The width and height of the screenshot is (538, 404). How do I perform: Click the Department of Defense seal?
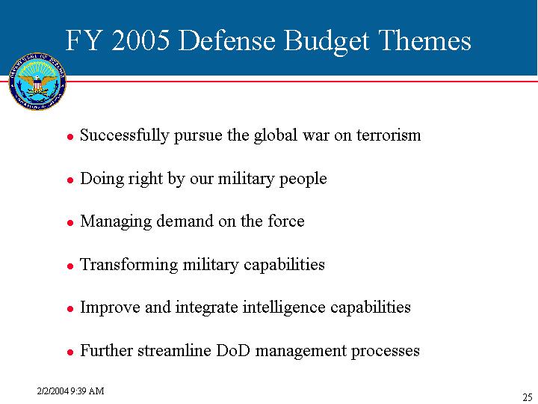tap(37, 82)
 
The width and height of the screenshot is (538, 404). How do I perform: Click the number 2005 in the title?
tap(140, 40)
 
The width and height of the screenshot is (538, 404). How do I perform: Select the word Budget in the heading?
tap(327, 42)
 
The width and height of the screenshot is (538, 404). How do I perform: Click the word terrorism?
tap(389, 135)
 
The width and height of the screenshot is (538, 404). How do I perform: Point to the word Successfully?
tap(124, 135)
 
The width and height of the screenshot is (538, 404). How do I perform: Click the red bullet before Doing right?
tap(70, 180)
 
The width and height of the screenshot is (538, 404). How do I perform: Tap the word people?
tap(303, 180)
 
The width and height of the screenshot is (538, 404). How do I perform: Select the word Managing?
tap(116, 221)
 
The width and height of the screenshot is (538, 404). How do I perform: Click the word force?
tap(286, 221)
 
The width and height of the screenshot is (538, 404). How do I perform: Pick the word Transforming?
tap(129, 265)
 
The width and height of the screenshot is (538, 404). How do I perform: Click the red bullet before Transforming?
tap(70, 266)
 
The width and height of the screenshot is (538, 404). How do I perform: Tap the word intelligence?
tap(284, 307)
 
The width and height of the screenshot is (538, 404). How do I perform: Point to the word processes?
tap(386, 352)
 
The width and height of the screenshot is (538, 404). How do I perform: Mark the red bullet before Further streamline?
tap(70, 352)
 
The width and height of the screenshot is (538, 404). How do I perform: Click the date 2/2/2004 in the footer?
tap(53, 391)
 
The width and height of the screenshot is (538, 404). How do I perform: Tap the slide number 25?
tap(528, 397)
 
